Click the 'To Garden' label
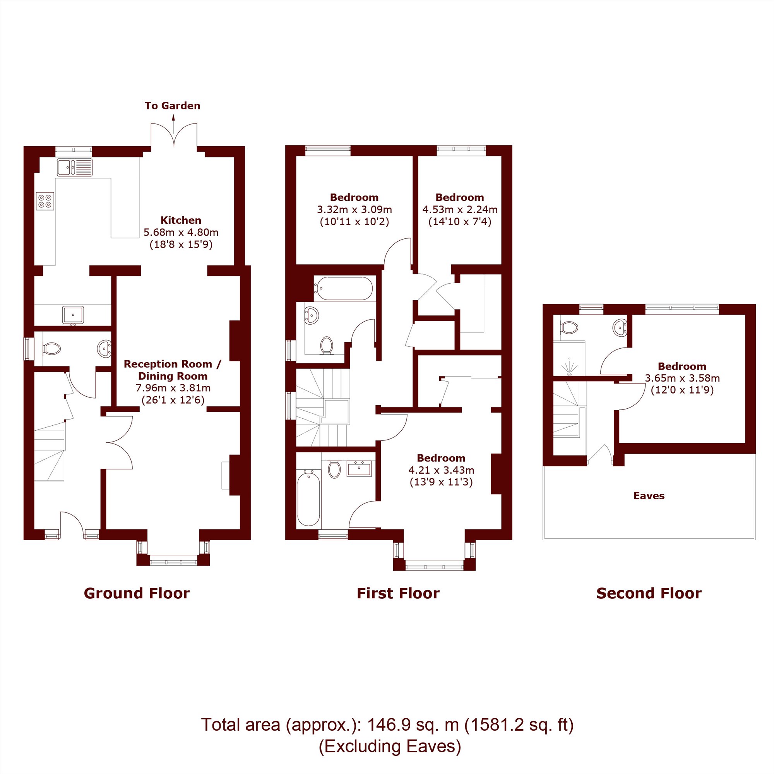click(172, 106)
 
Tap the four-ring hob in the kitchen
click(45, 201)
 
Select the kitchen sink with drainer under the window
click(75, 168)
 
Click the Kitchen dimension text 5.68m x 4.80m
click(181, 232)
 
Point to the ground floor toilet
click(51, 348)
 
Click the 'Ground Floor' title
click(137, 593)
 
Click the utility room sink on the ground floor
click(73, 315)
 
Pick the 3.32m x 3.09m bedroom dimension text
click(354, 209)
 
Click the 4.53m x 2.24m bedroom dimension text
click(460, 209)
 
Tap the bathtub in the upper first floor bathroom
click(343, 288)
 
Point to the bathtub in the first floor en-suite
click(308, 498)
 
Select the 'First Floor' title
click(398, 593)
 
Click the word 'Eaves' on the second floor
click(649, 496)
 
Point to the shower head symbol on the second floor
click(569, 368)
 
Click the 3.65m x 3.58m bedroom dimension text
click(682, 378)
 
